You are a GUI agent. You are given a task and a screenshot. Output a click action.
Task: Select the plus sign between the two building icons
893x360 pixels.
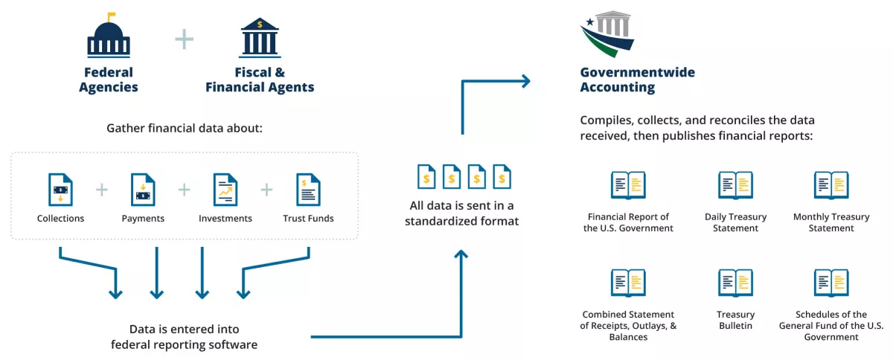pyautogui.click(x=184, y=39)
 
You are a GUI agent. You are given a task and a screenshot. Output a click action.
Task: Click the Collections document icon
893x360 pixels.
pyautogui.click(x=60, y=189)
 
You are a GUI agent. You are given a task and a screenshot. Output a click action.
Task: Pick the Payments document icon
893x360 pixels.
pyautogui.click(x=143, y=189)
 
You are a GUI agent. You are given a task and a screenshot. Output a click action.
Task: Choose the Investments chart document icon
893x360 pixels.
pyautogui.click(x=225, y=189)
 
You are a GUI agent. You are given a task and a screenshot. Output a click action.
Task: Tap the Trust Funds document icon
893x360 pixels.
pyautogui.click(x=308, y=189)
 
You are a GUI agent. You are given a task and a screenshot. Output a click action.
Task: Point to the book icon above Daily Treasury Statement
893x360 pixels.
pyautogui.click(x=735, y=185)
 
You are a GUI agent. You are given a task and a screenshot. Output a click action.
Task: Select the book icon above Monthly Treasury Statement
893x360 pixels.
pyautogui.click(x=831, y=185)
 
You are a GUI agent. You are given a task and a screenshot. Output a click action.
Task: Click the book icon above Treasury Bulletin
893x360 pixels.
pyautogui.click(x=735, y=283)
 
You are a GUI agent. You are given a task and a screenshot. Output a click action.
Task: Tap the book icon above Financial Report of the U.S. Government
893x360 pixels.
pyautogui.click(x=628, y=185)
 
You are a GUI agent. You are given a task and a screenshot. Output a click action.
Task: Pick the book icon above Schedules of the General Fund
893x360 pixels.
pyautogui.click(x=831, y=283)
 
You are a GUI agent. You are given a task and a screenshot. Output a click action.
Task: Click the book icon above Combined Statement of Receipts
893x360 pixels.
pyautogui.click(x=628, y=283)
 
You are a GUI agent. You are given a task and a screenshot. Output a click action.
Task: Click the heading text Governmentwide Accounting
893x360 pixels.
pyautogui.click(x=637, y=80)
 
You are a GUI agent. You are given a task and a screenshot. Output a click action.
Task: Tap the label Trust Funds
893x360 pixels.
pyautogui.click(x=308, y=219)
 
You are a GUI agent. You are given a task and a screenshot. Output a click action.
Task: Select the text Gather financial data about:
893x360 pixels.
pyautogui.click(x=185, y=129)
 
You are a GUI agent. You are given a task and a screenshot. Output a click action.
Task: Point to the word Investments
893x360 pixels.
pyautogui.click(x=225, y=219)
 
